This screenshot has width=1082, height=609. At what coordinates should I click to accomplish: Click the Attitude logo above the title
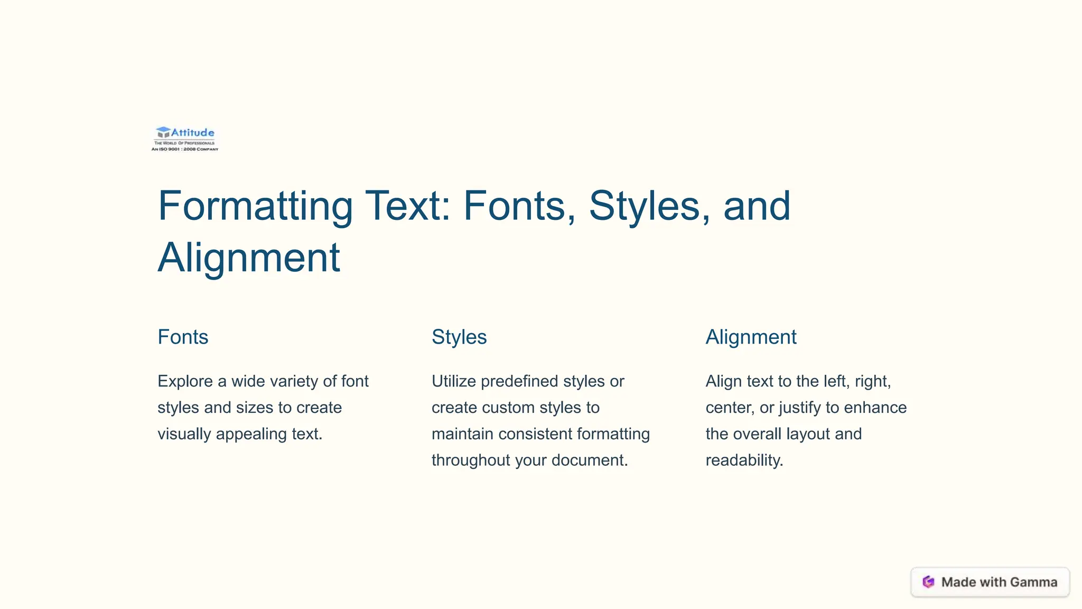coord(185,139)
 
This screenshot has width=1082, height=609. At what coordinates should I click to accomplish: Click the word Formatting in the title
coord(255,206)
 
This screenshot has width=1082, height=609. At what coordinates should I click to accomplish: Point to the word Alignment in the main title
coord(249,258)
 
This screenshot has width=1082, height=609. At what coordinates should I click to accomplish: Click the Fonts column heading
coord(183,337)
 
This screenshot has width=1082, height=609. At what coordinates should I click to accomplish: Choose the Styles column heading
coord(459,337)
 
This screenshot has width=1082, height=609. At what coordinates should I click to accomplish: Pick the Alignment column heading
coord(751,337)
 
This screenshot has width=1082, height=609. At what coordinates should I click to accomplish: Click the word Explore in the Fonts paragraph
coord(185,381)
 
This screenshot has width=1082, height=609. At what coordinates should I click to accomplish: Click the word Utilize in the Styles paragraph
coord(454,381)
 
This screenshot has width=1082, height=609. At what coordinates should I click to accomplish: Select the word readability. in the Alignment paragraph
coord(744,460)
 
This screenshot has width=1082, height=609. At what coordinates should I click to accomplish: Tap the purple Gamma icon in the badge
coord(928,582)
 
